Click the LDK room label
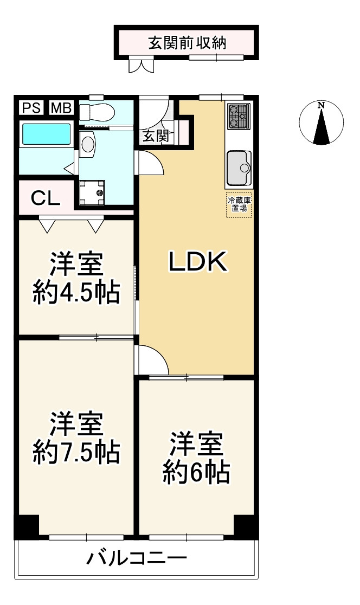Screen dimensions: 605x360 [197, 262]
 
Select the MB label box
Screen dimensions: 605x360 [61, 108]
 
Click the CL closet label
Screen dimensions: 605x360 [45, 198]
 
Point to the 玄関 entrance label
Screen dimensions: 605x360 [155, 136]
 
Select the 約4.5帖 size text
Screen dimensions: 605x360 [76, 293]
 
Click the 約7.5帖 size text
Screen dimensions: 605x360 [76, 452]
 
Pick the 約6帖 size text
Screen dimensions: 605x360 [196, 473]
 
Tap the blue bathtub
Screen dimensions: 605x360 [46, 134]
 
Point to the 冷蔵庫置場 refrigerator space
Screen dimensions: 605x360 [239, 205]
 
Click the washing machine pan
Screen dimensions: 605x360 [92, 192]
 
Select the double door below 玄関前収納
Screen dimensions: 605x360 [142, 66]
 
